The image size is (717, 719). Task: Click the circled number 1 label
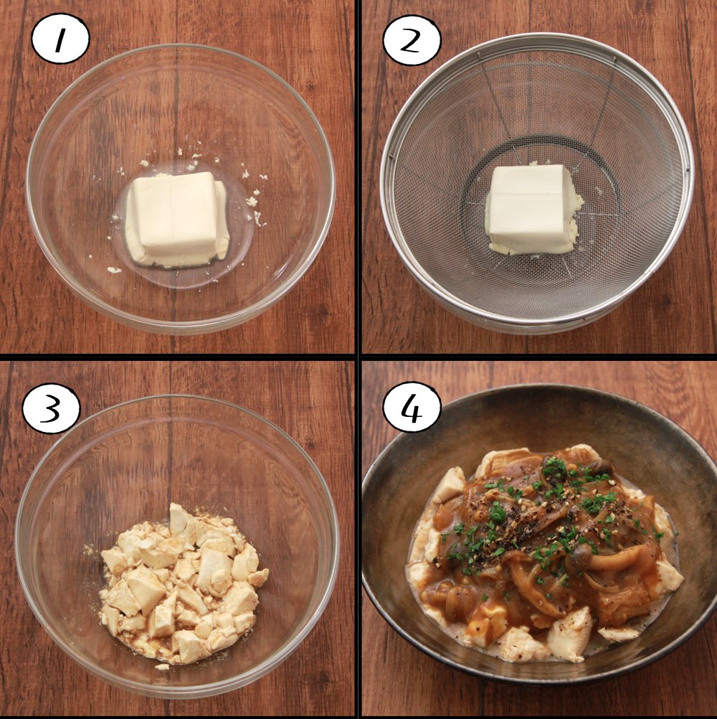pos(60,39)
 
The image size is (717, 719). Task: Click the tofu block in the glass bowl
pos(178,219)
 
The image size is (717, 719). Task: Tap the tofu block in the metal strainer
pos(533,209)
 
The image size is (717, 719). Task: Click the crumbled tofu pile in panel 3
pos(182,583)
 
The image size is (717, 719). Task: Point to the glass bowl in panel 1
pos(181,189)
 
